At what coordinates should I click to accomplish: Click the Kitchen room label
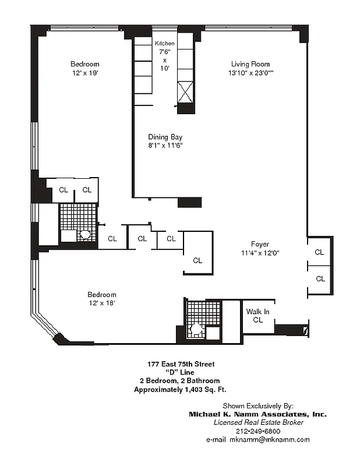pyautogui.click(x=164, y=44)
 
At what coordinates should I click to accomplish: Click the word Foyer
pyautogui.click(x=260, y=244)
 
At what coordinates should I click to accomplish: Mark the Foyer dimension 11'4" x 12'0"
pyautogui.click(x=260, y=253)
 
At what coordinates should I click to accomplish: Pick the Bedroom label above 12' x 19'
pyautogui.click(x=85, y=64)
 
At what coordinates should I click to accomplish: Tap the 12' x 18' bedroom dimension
pyautogui.click(x=102, y=303)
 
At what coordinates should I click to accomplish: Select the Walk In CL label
pyautogui.click(x=257, y=316)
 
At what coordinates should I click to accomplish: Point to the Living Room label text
pyautogui.click(x=250, y=64)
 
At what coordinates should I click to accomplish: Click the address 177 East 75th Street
pyautogui.click(x=181, y=364)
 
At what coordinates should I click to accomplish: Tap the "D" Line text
pyautogui.click(x=180, y=373)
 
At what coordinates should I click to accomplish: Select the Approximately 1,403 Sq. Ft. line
pyautogui.click(x=183, y=390)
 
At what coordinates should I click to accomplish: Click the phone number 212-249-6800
pyautogui.click(x=257, y=431)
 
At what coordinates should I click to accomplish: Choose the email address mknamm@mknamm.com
pyautogui.click(x=257, y=440)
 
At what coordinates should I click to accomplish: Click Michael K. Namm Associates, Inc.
pyautogui.click(x=257, y=414)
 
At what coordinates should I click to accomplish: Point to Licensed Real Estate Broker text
pyautogui.click(x=258, y=422)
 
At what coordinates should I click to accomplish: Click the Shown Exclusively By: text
pyautogui.click(x=258, y=405)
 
